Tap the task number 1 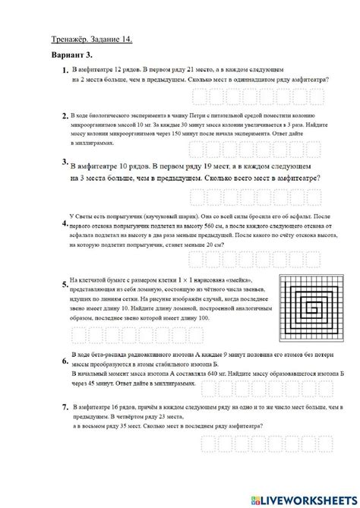click(x=65, y=71)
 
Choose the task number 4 click(x=65, y=225)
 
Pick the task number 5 click(x=65, y=286)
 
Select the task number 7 click(x=65, y=408)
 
